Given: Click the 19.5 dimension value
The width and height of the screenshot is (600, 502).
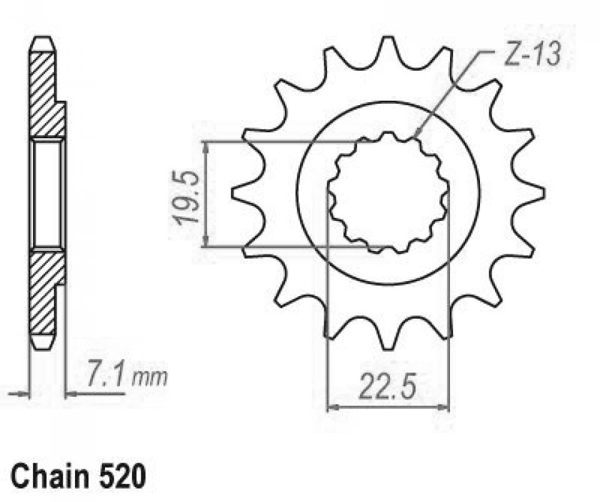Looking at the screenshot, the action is [x=186, y=197].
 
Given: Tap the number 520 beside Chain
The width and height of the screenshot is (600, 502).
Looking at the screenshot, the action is [x=123, y=476].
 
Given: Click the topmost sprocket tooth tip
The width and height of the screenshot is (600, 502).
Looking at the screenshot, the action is [x=388, y=37].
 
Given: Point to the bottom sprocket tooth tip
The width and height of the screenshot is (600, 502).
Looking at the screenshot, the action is [x=388, y=348].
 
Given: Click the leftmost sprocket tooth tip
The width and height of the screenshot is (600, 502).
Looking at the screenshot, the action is [x=233, y=192].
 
